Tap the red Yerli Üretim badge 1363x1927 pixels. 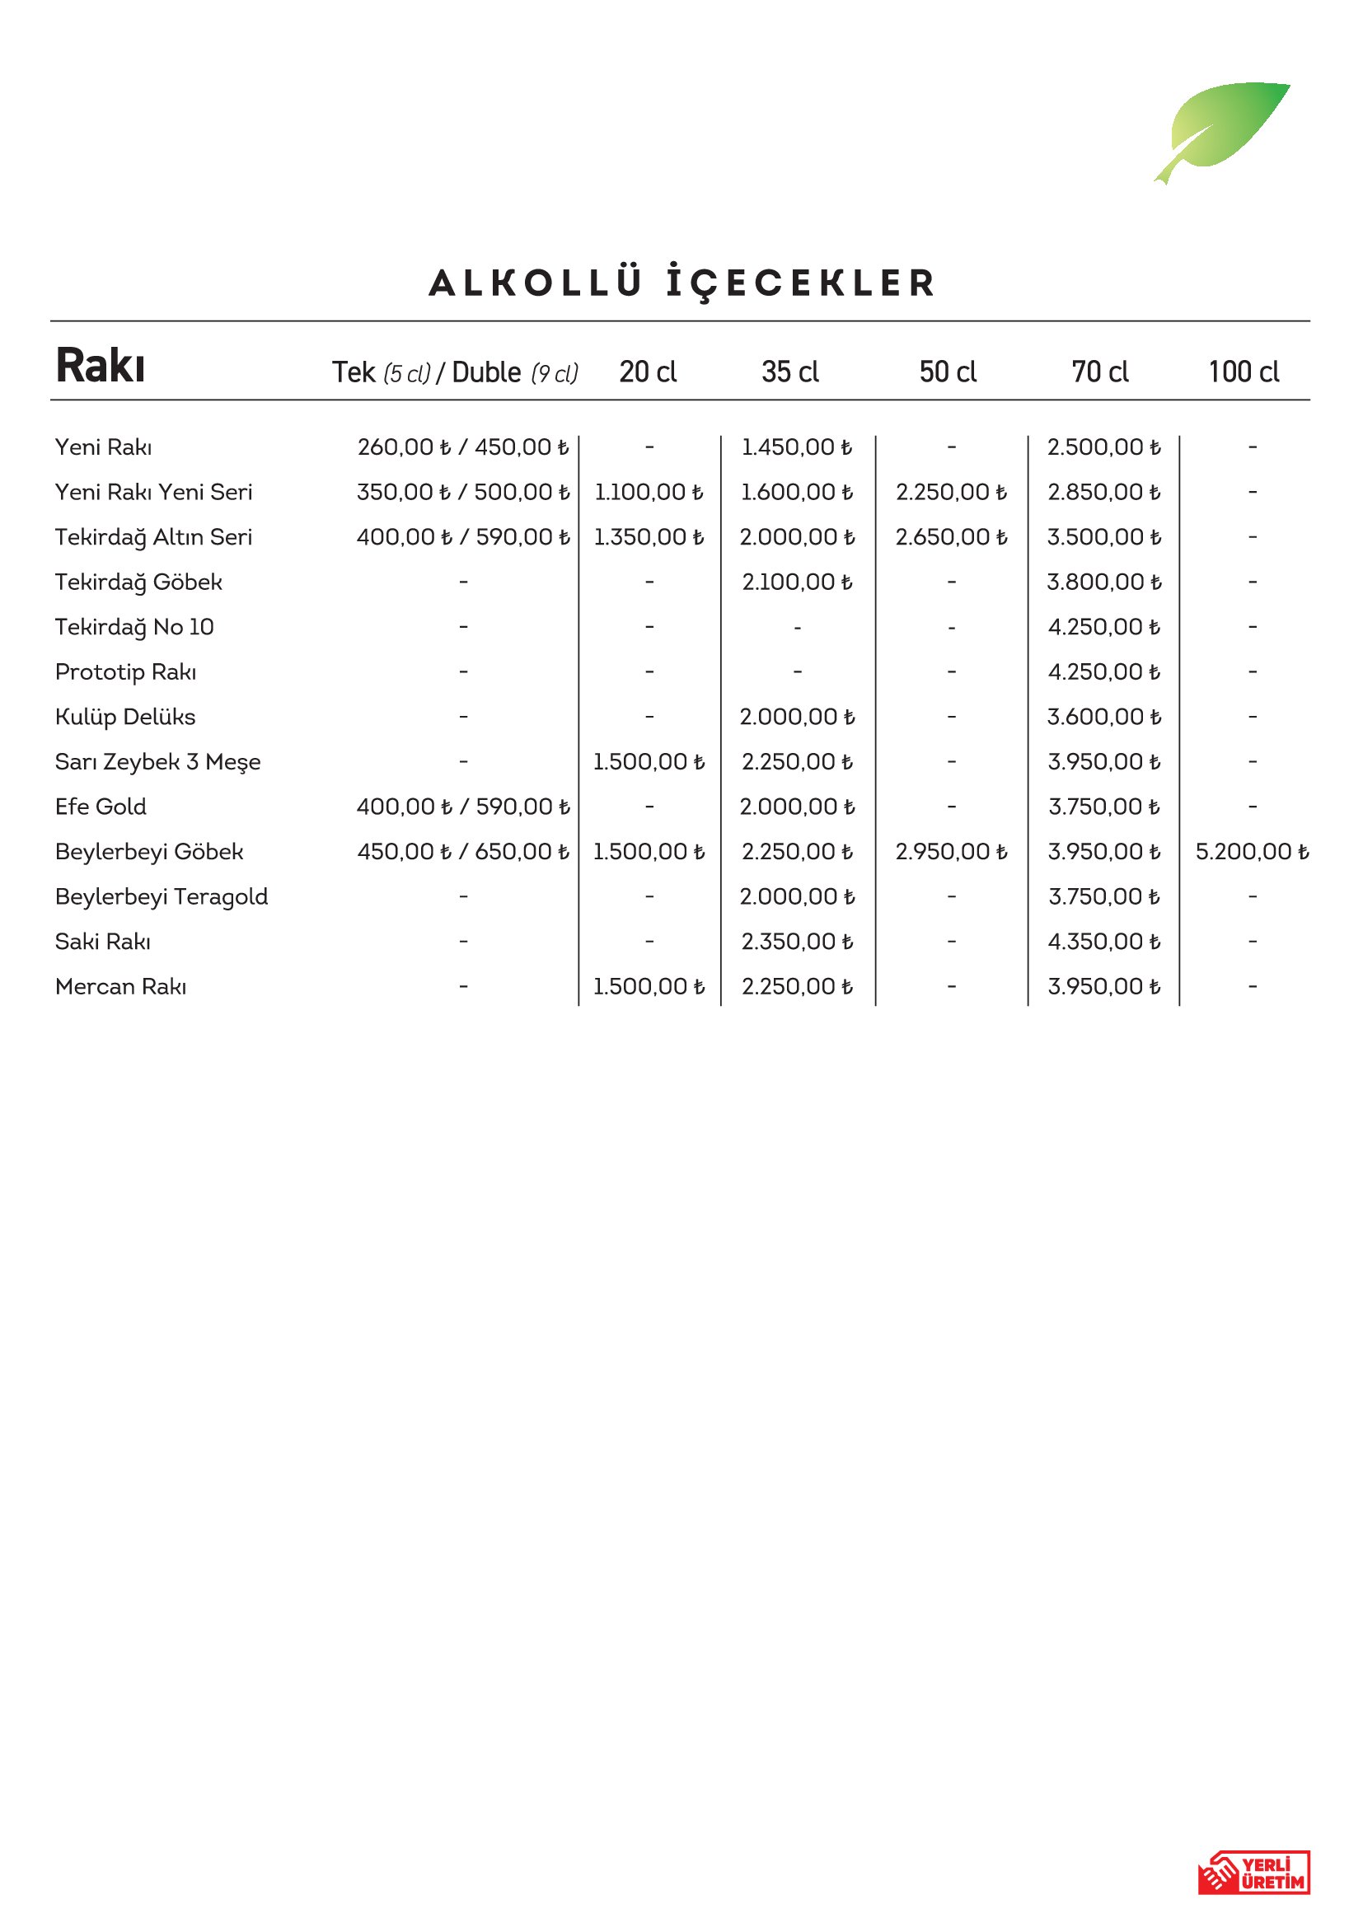[x=1253, y=1872]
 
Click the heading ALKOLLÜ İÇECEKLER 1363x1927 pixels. [x=681, y=283]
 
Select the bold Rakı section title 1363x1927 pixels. [x=101, y=366]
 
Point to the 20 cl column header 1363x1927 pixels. [x=648, y=372]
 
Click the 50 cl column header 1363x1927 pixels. [x=948, y=372]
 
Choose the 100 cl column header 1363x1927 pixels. [x=1243, y=372]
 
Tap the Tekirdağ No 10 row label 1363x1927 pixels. [x=134, y=627]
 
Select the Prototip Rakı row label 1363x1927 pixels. [x=126, y=672]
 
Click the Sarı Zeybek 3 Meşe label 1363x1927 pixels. [x=157, y=762]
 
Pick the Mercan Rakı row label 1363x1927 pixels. [x=121, y=986]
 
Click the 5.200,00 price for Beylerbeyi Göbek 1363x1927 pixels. [x=1252, y=852]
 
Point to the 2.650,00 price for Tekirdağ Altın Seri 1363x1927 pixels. [x=951, y=537]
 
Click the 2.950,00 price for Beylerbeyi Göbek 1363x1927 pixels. [x=951, y=852]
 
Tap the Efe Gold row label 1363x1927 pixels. [x=101, y=807]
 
